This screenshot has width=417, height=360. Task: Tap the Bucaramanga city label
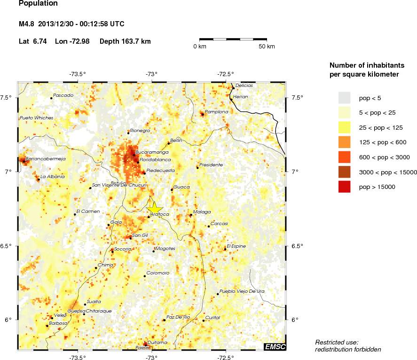[x=151, y=152]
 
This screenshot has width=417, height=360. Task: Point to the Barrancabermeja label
[x=45, y=159]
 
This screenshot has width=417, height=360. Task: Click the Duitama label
[x=157, y=343]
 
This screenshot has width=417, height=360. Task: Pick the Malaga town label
[x=202, y=212]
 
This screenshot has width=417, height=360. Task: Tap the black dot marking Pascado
[x=51, y=98]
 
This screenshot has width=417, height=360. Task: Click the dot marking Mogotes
[x=153, y=251]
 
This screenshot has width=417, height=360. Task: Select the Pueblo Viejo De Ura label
[x=242, y=291]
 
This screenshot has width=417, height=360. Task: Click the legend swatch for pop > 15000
[x=345, y=187]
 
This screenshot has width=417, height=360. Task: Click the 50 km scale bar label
[x=267, y=47]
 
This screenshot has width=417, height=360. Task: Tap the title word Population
[x=38, y=4]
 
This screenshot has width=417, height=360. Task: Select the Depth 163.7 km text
[x=125, y=41]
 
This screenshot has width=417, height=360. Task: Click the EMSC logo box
[x=275, y=347]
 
